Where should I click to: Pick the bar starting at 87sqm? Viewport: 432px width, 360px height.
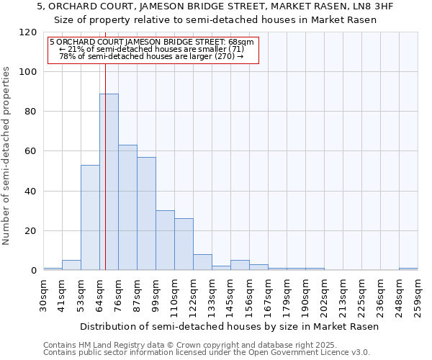[x=146, y=213]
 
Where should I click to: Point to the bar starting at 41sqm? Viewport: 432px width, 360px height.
[x=71, y=265]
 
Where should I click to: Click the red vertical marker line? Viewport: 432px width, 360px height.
[x=105, y=144]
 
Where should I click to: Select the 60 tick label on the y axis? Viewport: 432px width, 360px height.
[x=31, y=151]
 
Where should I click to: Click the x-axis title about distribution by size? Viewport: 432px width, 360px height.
[x=229, y=326]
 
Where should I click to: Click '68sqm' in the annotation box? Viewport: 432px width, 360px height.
[x=240, y=42]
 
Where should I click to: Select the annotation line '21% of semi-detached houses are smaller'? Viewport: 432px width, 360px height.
[x=151, y=49]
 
